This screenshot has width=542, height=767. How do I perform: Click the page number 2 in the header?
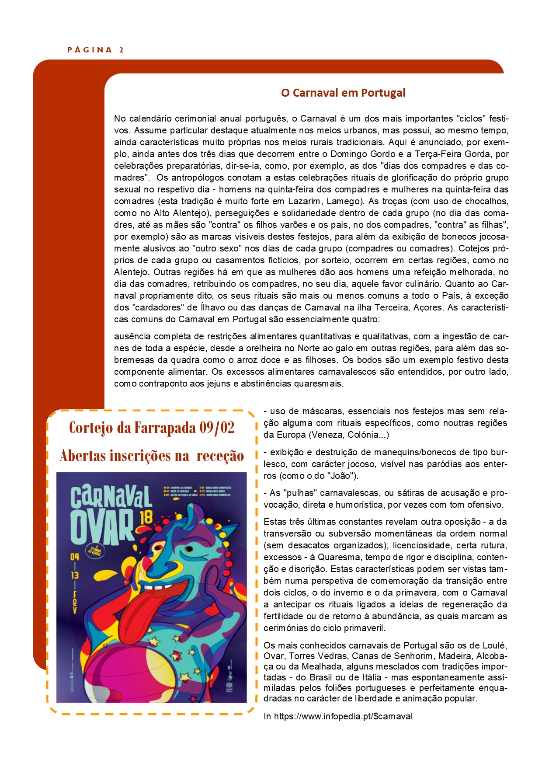coord(122,50)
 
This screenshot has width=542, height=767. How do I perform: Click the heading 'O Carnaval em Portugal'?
coord(343,93)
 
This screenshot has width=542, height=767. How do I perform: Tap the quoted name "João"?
coord(343,476)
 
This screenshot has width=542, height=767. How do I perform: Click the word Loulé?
coord(494,645)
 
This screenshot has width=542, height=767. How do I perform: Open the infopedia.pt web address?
coord(343,716)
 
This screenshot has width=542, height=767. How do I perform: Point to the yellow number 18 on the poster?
coord(146,517)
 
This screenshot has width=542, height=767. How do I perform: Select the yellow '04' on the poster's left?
coord(75,557)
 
